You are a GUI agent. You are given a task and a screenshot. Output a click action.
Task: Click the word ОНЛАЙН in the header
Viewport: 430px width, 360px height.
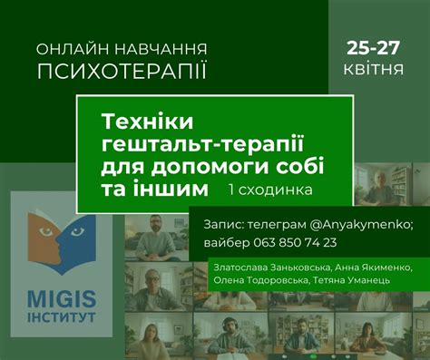click(x=69, y=46)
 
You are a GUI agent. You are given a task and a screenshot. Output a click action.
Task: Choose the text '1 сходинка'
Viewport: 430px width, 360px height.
click(x=270, y=190)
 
